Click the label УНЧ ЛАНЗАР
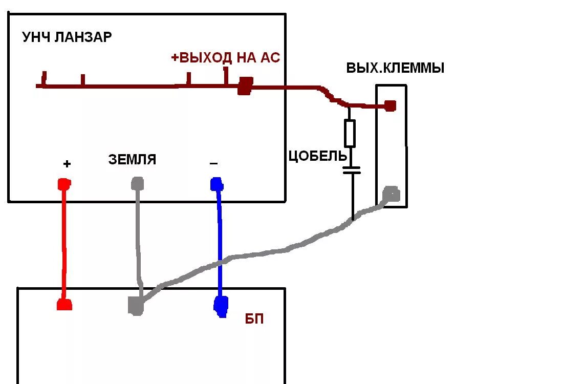point(67,37)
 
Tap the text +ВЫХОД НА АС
point(226,58)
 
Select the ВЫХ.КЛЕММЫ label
point(395,68)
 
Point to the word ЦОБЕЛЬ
point(318,156)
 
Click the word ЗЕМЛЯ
point(132,160)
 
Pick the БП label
point(254,319)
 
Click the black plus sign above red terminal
point(67,164)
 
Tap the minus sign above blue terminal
point(213,164)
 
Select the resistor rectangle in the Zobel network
point(350,133)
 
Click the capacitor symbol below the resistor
point(352,170)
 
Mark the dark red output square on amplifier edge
point(245,86)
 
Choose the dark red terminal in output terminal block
point(390,106)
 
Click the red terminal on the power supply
point(64,304)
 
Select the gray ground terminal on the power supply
point(136,306)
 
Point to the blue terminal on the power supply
point(221,305)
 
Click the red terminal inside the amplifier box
point(64,183)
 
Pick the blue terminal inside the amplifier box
point(216,183)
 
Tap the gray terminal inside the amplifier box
point(138,182)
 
